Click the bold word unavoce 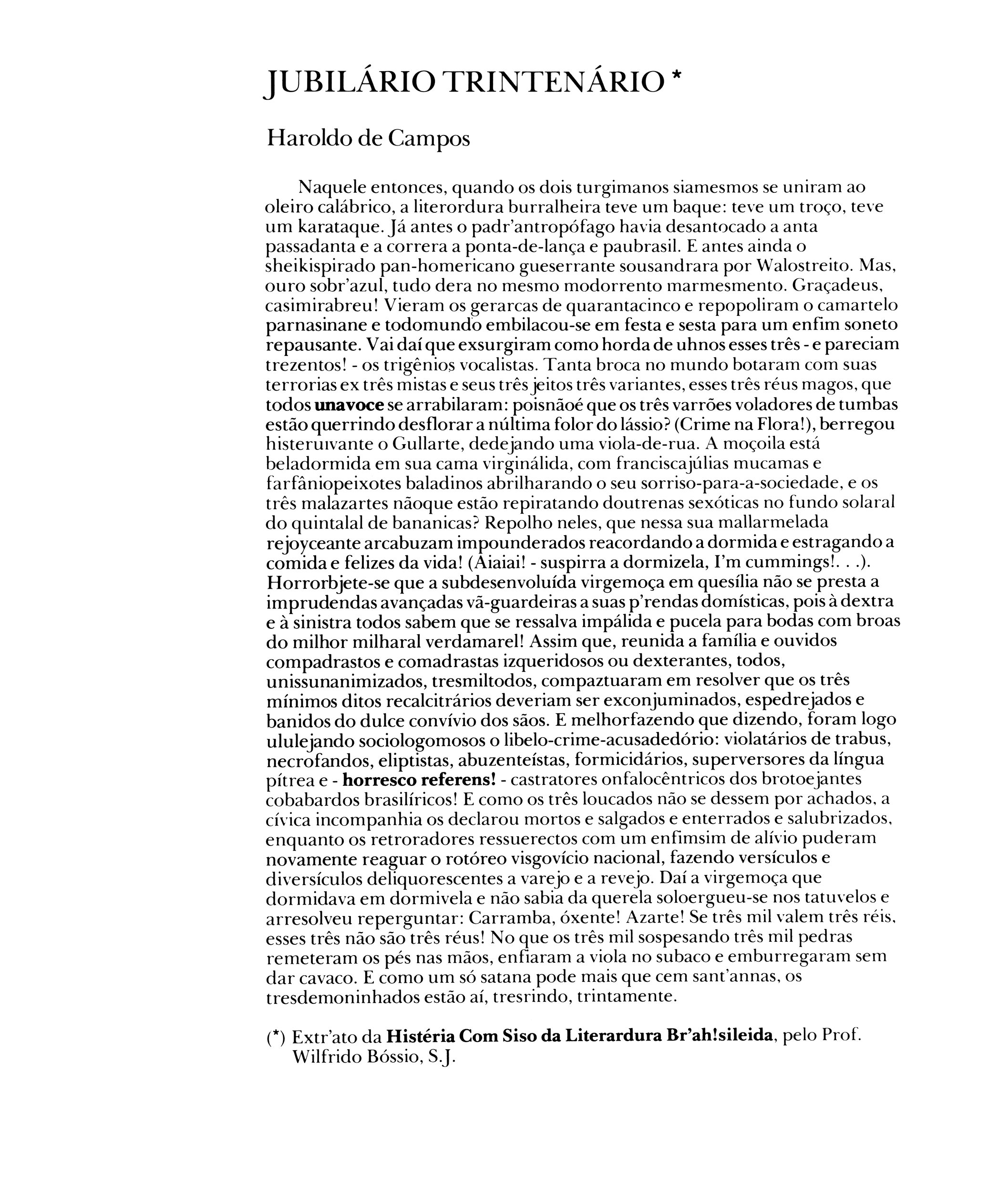[349, 405]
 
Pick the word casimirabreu [321, 306]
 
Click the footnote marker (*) [275, 1037]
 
